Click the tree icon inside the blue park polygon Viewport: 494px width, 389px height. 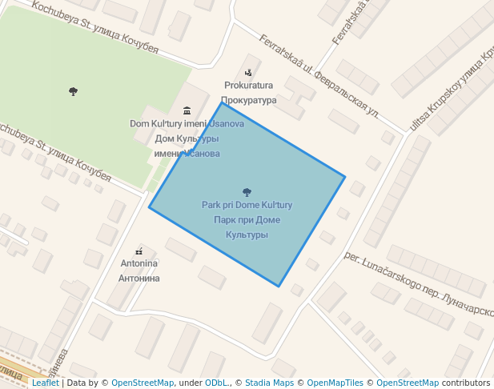[246, 192]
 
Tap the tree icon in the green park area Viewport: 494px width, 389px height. [74, 91]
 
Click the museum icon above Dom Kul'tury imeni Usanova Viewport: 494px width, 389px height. [187, 110]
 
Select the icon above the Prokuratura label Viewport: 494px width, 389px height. [248, 73]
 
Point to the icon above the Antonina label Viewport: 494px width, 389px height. [139, 251]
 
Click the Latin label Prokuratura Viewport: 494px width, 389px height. [248, 86]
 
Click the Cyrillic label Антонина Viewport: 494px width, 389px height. [139, 279]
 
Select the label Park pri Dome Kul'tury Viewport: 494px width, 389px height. [247, 205]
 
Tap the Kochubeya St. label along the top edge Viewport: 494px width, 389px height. [96, 27]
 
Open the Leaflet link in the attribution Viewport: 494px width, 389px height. [45, 383]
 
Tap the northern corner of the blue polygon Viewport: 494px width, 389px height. [222, 102]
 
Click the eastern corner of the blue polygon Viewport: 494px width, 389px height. [345, 177]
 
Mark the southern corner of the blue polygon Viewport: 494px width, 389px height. [279, 286]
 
